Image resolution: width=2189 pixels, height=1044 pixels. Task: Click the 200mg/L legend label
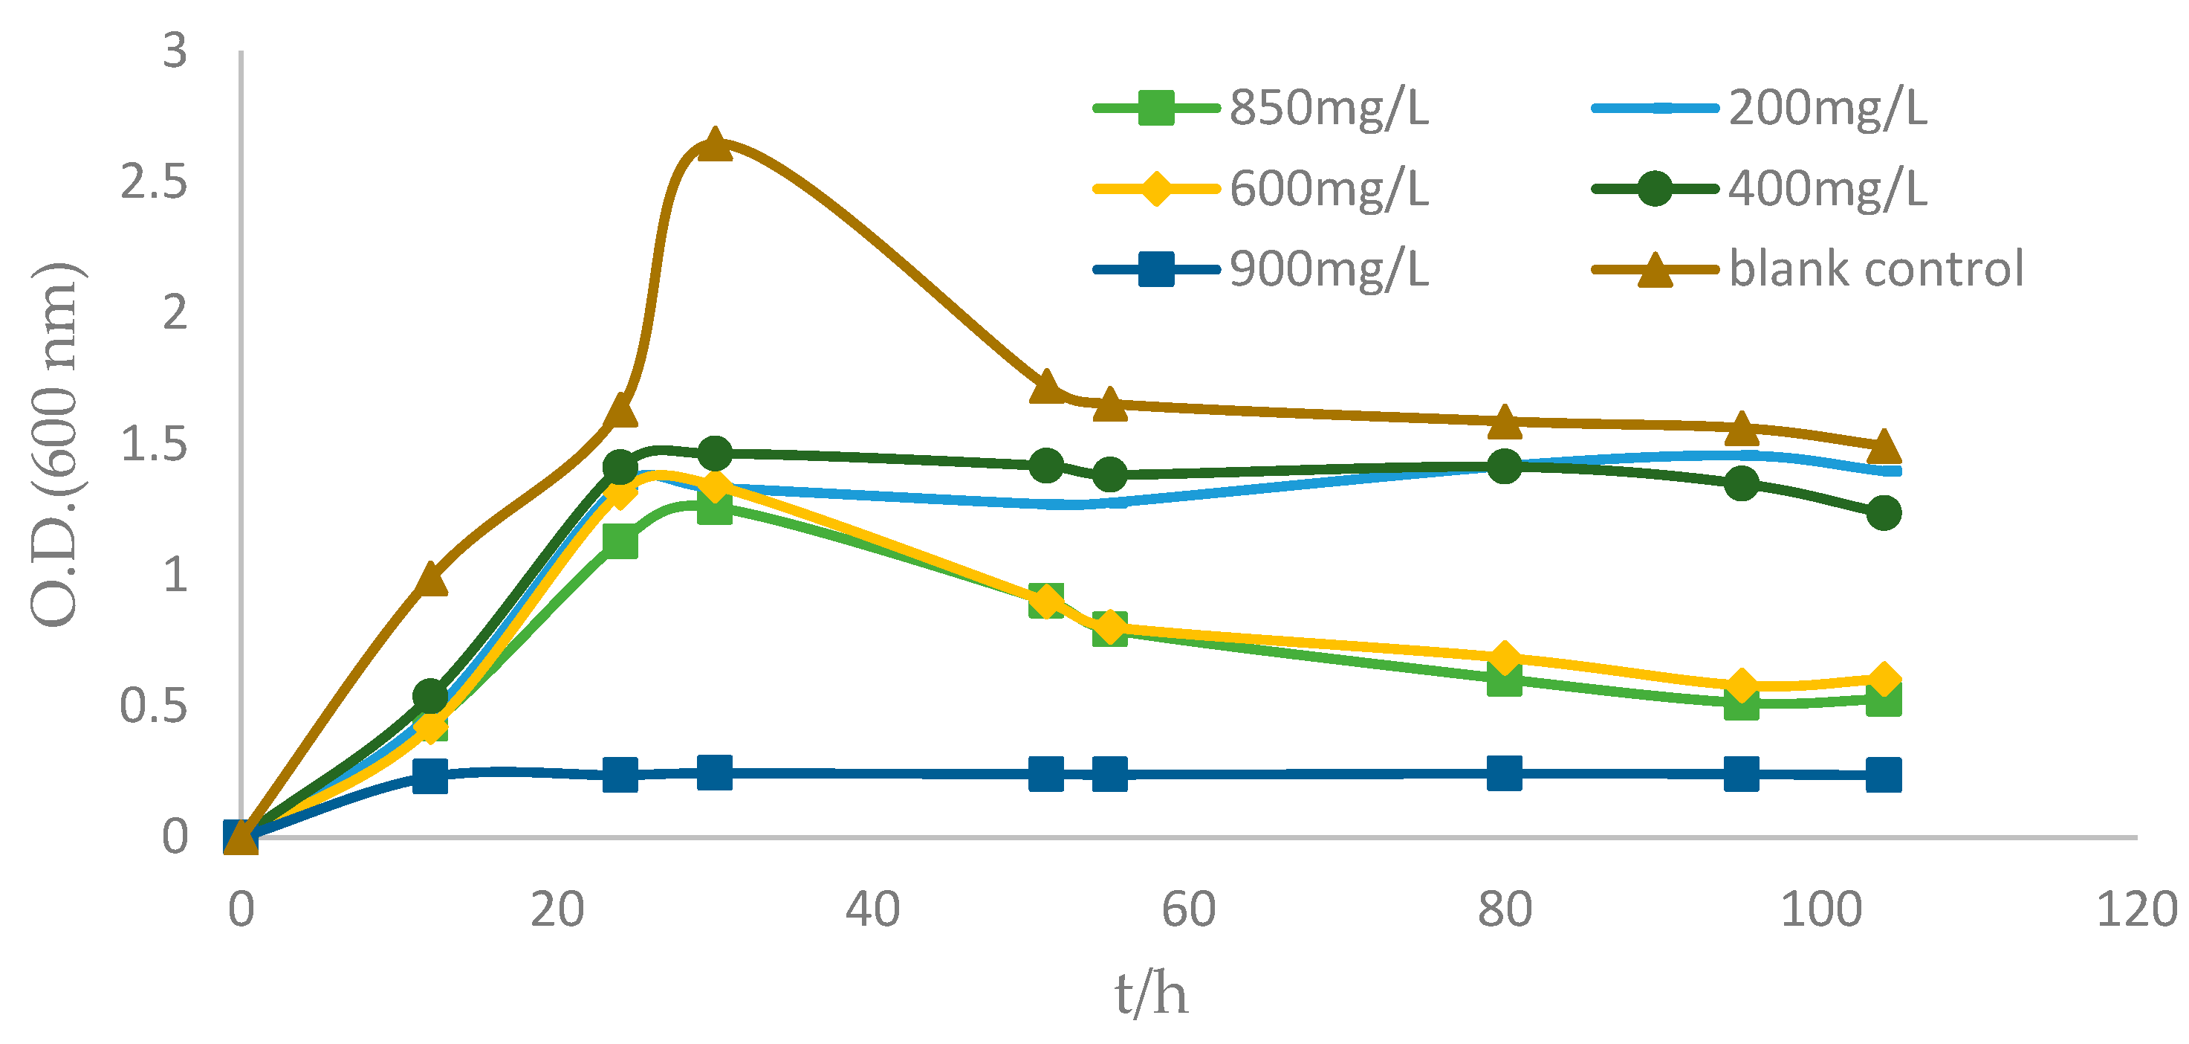[x=1827, y=108]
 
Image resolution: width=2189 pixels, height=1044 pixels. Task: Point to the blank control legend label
[x=1876, y=269]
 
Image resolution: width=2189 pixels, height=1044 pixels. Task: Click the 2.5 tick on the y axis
[x=154, y=183]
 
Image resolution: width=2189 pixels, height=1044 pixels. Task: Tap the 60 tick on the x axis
[x=1188, y=909]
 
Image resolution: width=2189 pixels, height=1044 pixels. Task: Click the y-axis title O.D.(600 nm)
[x=55, y=444]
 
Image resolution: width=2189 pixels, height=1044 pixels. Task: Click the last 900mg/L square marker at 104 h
[x=1883, y=776]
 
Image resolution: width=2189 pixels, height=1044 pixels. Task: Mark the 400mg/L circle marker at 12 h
[x=430, y=696]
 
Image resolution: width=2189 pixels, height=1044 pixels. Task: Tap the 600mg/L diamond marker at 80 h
[x=1504, y=659]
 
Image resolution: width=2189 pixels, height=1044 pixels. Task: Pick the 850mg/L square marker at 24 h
[x=620, y=541]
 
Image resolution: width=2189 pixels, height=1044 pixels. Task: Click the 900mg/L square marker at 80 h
[x=1504, y=773]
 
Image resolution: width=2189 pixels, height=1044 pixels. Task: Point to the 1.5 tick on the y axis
[x=154, y=445]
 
